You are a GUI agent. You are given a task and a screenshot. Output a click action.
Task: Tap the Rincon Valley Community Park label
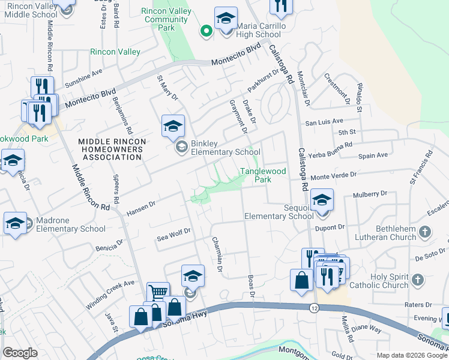coord(166,19)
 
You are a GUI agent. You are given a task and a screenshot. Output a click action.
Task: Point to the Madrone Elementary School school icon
coord(15,223)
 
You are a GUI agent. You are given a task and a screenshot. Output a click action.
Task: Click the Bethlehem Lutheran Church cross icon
coord(425,232)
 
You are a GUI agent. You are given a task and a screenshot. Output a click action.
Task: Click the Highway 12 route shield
coord(314,308)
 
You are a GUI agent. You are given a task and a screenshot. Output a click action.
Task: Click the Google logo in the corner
coord(20,353)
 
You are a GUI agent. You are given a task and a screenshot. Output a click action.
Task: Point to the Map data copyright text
coord(412,355)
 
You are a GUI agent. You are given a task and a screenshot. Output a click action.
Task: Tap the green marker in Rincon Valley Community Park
coord(206,31)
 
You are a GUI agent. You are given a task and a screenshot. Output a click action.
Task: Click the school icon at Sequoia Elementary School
coord(322,199)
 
